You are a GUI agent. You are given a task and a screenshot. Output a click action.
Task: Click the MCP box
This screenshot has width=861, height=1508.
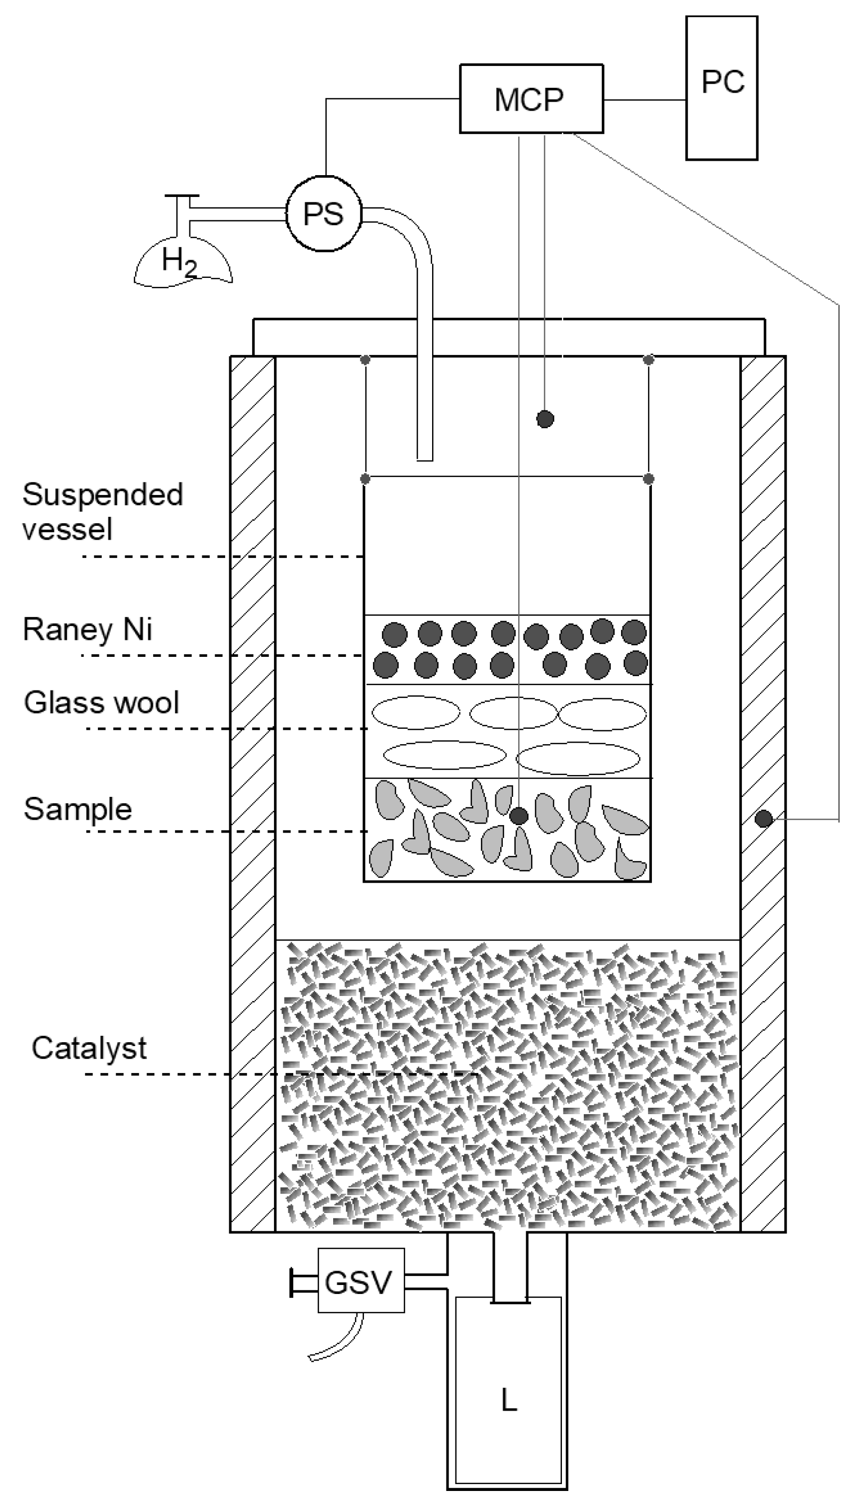(x=531, y=99)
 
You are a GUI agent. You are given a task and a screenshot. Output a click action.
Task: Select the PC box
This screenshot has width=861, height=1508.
(x=722, y=87)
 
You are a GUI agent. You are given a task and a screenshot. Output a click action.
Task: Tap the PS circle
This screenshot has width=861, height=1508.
(x=324, y=213)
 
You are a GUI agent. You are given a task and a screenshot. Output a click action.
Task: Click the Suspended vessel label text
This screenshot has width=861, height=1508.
(x=102, y=511)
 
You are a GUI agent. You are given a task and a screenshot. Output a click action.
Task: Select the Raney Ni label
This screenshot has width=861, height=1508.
(x=87, y=629)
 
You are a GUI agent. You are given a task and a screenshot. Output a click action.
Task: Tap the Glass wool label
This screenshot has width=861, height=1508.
(x=101, y=703)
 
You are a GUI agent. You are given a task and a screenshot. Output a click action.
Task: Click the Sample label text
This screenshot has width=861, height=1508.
(x=78, y=809)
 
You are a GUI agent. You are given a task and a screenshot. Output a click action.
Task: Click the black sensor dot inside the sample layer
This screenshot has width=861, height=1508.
(x=519, y=816)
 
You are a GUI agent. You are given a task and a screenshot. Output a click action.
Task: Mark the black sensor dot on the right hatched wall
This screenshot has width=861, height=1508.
(x=764, y=819)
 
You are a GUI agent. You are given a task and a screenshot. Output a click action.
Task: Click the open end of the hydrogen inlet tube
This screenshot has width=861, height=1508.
(x=425, y=458)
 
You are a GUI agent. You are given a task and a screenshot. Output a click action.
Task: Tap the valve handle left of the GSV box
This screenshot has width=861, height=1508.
(x=293, y=1282)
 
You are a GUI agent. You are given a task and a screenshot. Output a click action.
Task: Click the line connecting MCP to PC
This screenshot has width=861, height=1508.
(x=644, y=100)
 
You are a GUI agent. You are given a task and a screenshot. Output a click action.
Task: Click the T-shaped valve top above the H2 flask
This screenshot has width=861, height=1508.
(x=182, y=196)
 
